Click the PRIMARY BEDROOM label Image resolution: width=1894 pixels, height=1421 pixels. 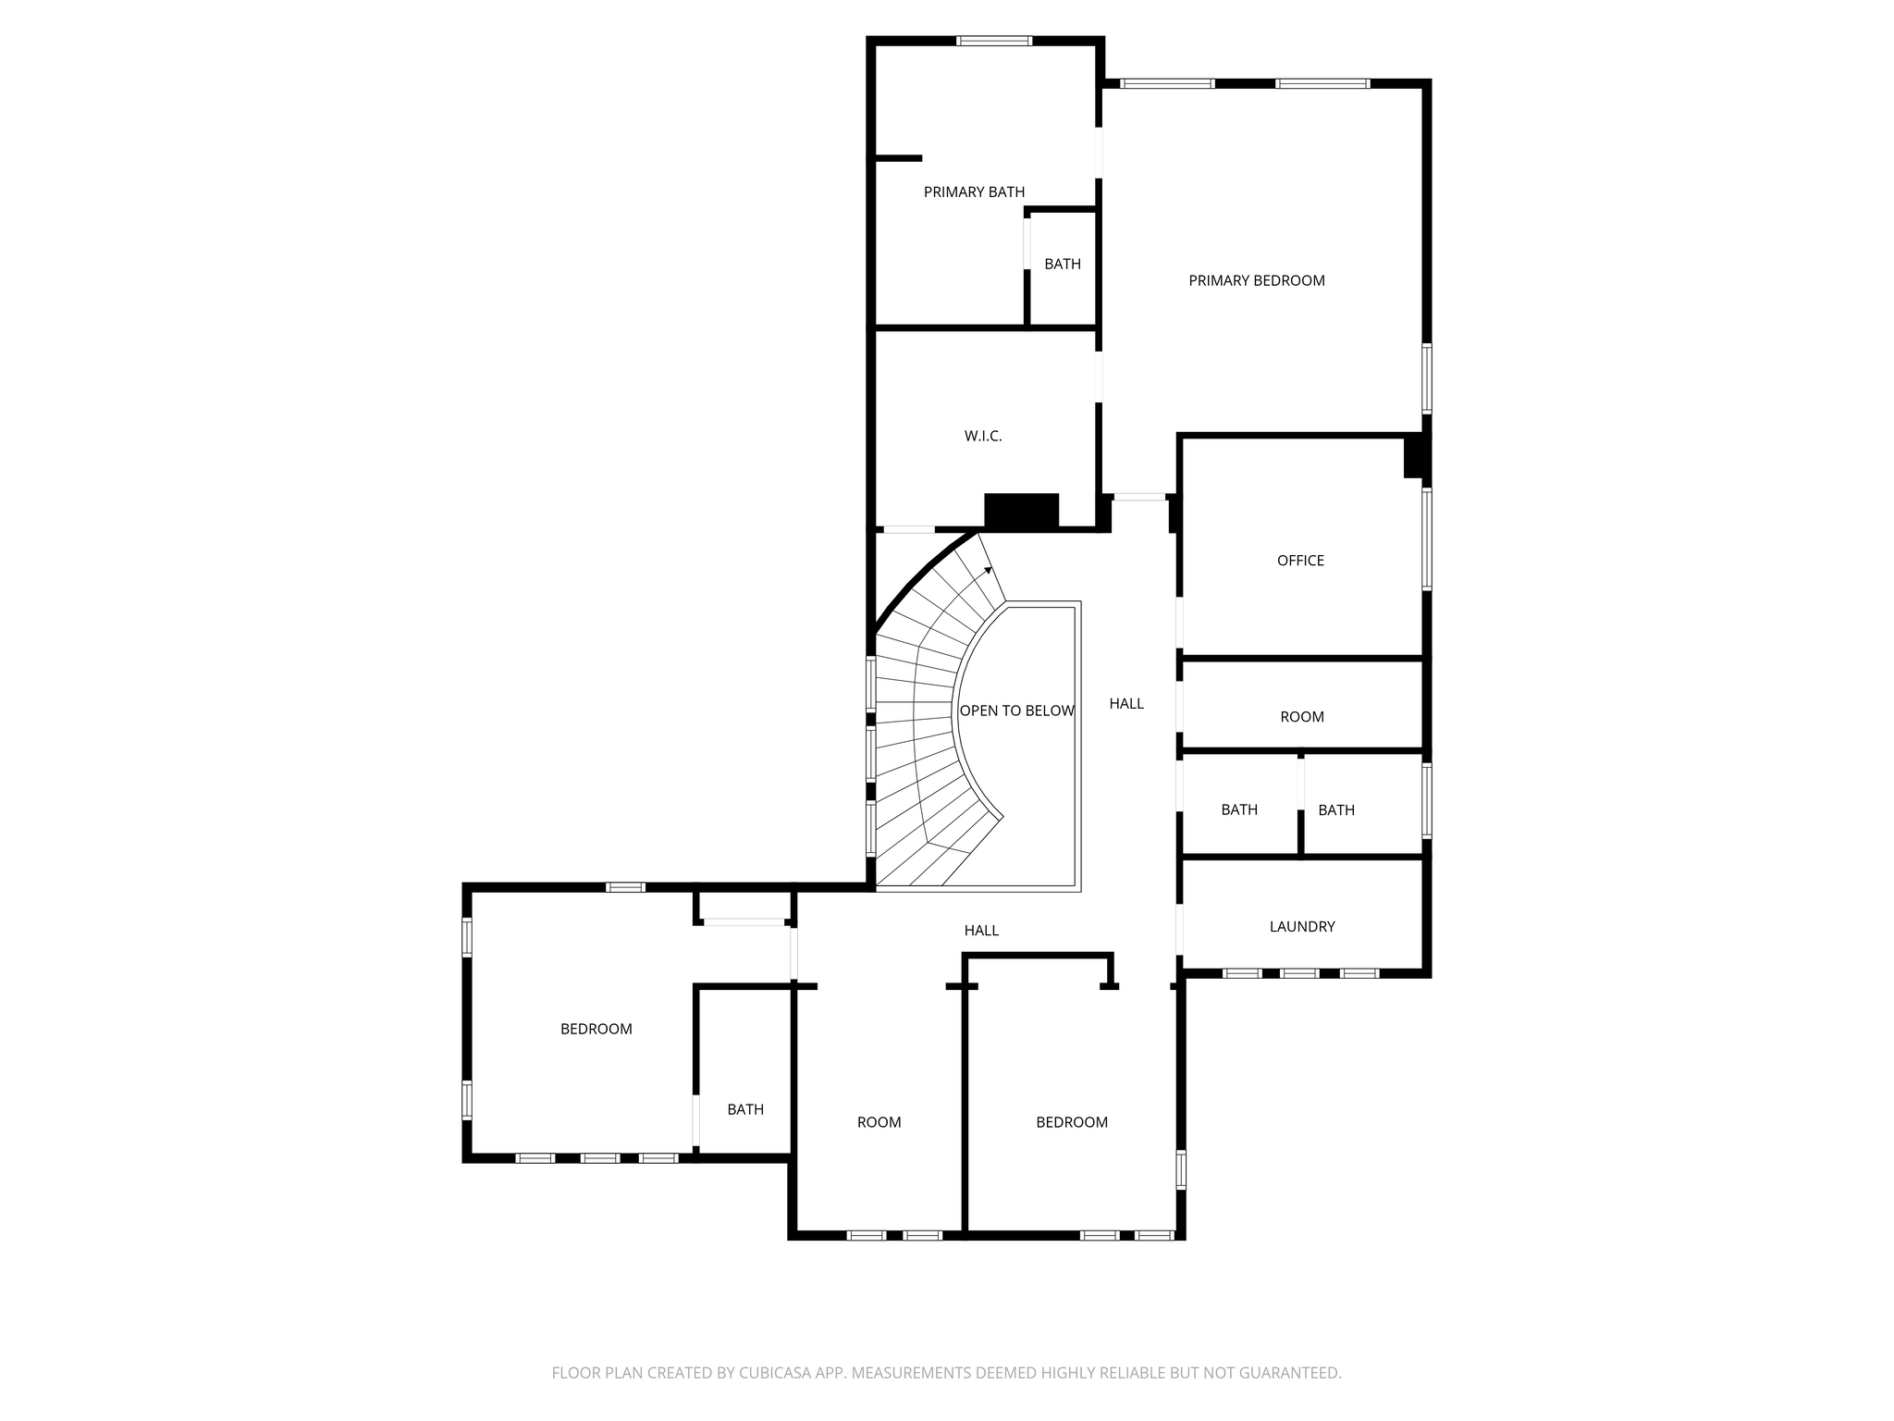1257,280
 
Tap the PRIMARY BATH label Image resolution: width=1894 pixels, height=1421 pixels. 974,192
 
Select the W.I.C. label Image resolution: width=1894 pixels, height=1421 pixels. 983,436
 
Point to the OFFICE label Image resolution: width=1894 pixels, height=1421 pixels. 1300,561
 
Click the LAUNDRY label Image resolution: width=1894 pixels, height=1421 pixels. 1302,926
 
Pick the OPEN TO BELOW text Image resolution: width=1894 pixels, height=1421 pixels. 1016,710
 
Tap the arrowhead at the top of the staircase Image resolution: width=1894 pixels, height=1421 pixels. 989,570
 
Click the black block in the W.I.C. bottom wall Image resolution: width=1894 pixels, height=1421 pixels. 1021,511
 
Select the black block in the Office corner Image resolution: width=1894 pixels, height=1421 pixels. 1416,457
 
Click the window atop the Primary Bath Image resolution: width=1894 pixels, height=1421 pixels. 994,41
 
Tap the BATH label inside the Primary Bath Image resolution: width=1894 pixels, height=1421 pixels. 1063,264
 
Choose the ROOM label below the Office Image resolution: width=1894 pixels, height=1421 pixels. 1302,717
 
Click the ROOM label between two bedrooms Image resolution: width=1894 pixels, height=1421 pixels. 879,1122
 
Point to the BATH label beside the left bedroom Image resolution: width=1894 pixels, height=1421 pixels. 745,1109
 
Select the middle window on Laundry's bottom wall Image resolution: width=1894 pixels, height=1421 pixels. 1300,973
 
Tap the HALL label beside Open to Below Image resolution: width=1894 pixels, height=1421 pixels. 1126,704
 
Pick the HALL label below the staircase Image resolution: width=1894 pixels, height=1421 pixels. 981,931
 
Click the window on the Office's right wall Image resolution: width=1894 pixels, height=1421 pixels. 1427,539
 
